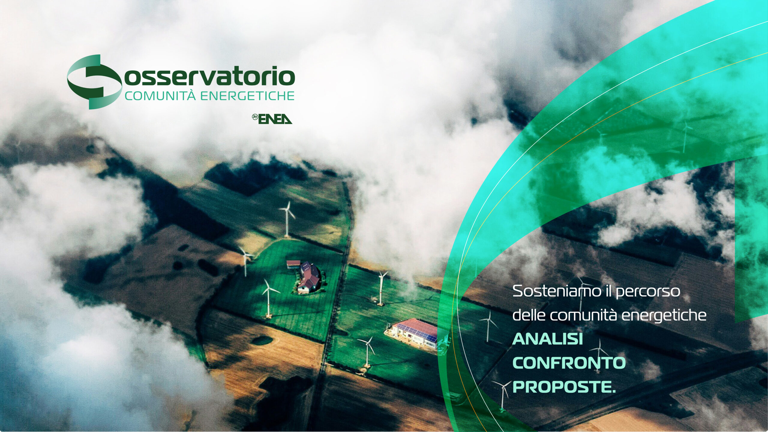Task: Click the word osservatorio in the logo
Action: [x=207, y=76]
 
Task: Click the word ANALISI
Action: [x=547, y=339]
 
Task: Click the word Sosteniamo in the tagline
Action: [x=551, y=292]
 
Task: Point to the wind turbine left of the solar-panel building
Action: [x=367, y=351]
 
